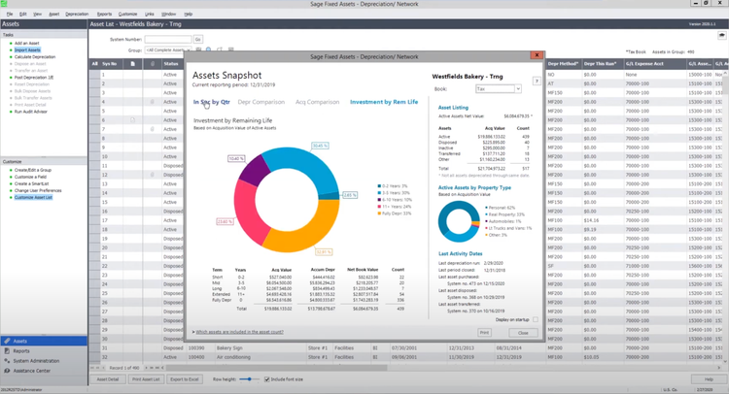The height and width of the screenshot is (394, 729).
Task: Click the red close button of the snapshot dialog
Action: (x=536, y=55)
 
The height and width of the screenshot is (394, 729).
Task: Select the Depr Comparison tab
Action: (x=261, y=102)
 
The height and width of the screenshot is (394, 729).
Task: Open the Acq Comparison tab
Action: (x=317, y=102)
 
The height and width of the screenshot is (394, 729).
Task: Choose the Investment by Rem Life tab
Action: (x=384, y=102)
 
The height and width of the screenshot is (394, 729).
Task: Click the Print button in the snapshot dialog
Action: (x=484, y=333)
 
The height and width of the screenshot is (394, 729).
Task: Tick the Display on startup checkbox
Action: (x=535, y=319)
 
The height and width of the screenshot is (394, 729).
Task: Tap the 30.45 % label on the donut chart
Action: (x=320, y=147)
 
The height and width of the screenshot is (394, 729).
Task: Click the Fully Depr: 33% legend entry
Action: (x=396, y=213)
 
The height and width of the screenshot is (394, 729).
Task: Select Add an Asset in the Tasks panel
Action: (x=26, y=44)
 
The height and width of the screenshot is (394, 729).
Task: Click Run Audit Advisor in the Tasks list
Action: (x=30, y=112)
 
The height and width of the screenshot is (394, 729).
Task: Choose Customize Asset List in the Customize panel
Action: (x=33, y=197)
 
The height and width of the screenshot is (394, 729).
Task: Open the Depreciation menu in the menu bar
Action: (x=77, y=15)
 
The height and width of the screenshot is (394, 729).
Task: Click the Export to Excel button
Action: (x=185, y=379)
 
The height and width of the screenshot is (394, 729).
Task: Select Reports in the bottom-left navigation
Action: (x=21, y=351)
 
